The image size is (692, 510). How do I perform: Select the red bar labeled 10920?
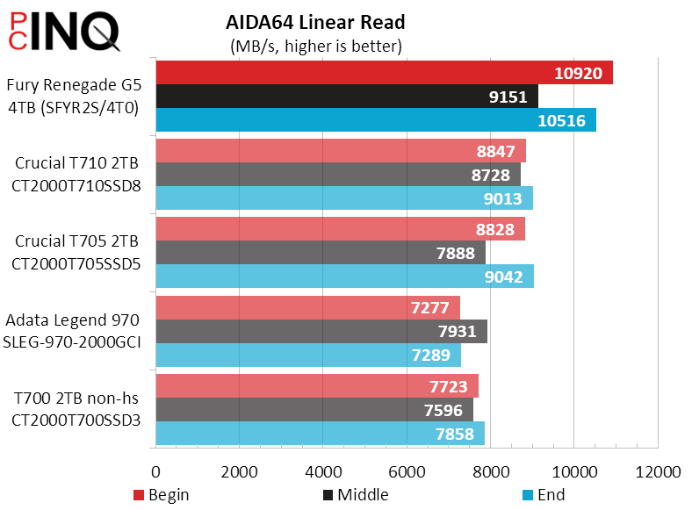(x=384, y=73)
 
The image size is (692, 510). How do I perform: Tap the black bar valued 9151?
(x=346, y=97)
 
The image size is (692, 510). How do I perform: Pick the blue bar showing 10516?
(x=376, y=120)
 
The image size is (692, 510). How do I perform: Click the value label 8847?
(x=494, y=151)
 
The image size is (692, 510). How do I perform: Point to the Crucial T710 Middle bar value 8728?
(x=490, y=175)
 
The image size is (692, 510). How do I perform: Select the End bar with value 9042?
(x=344, y=277)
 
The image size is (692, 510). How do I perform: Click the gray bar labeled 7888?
(x=321, y=253)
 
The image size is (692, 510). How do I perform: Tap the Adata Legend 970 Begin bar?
(x=307, y=307)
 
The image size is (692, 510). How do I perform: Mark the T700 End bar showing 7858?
(x=320, y=434)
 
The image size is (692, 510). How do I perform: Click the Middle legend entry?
(x=357, y=495)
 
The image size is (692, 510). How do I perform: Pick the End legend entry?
(x=544, y=495)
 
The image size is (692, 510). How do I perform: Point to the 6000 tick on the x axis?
(x=407, y=471)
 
